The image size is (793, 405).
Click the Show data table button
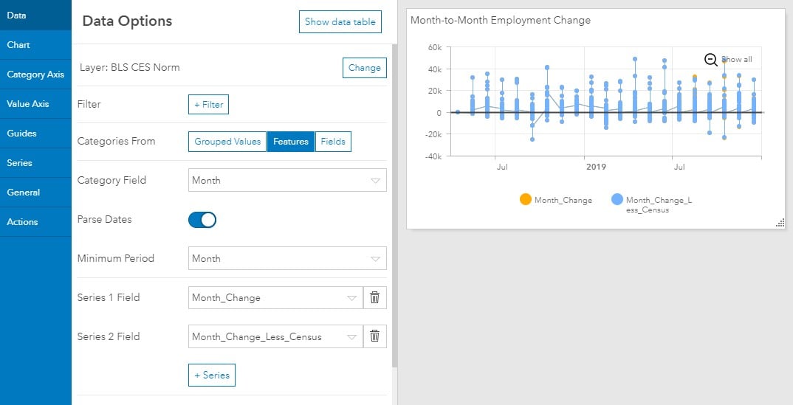(x=340, y=21)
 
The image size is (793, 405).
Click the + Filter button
(x=208, y=105)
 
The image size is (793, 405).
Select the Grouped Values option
(x=227, y=142)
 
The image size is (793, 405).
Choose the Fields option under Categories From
(x=333, y=142)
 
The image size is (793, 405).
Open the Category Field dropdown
(x=287, y=180)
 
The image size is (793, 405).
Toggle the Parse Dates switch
(x=202, y=220)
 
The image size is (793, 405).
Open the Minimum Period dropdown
(x=287, y=258)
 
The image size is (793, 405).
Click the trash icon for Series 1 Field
(x=375, y=297)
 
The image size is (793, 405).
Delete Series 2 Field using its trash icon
(x=375, y=336)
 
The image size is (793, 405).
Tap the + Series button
(x=212, y=375)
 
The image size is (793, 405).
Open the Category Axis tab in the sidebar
(x=35, y=75)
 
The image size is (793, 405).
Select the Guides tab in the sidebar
(x=35, y=134)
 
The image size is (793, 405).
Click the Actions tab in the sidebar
(x=35, y=222)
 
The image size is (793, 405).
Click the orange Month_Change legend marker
(x=526, y=199)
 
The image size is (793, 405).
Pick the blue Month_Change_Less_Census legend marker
(x=617, y=199)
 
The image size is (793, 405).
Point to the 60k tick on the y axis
(x=435, y=47)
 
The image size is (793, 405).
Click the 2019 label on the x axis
(x=596, y=167)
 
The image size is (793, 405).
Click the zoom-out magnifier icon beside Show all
(x=710, y=60)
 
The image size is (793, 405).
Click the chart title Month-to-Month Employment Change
(x=500, y=20)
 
